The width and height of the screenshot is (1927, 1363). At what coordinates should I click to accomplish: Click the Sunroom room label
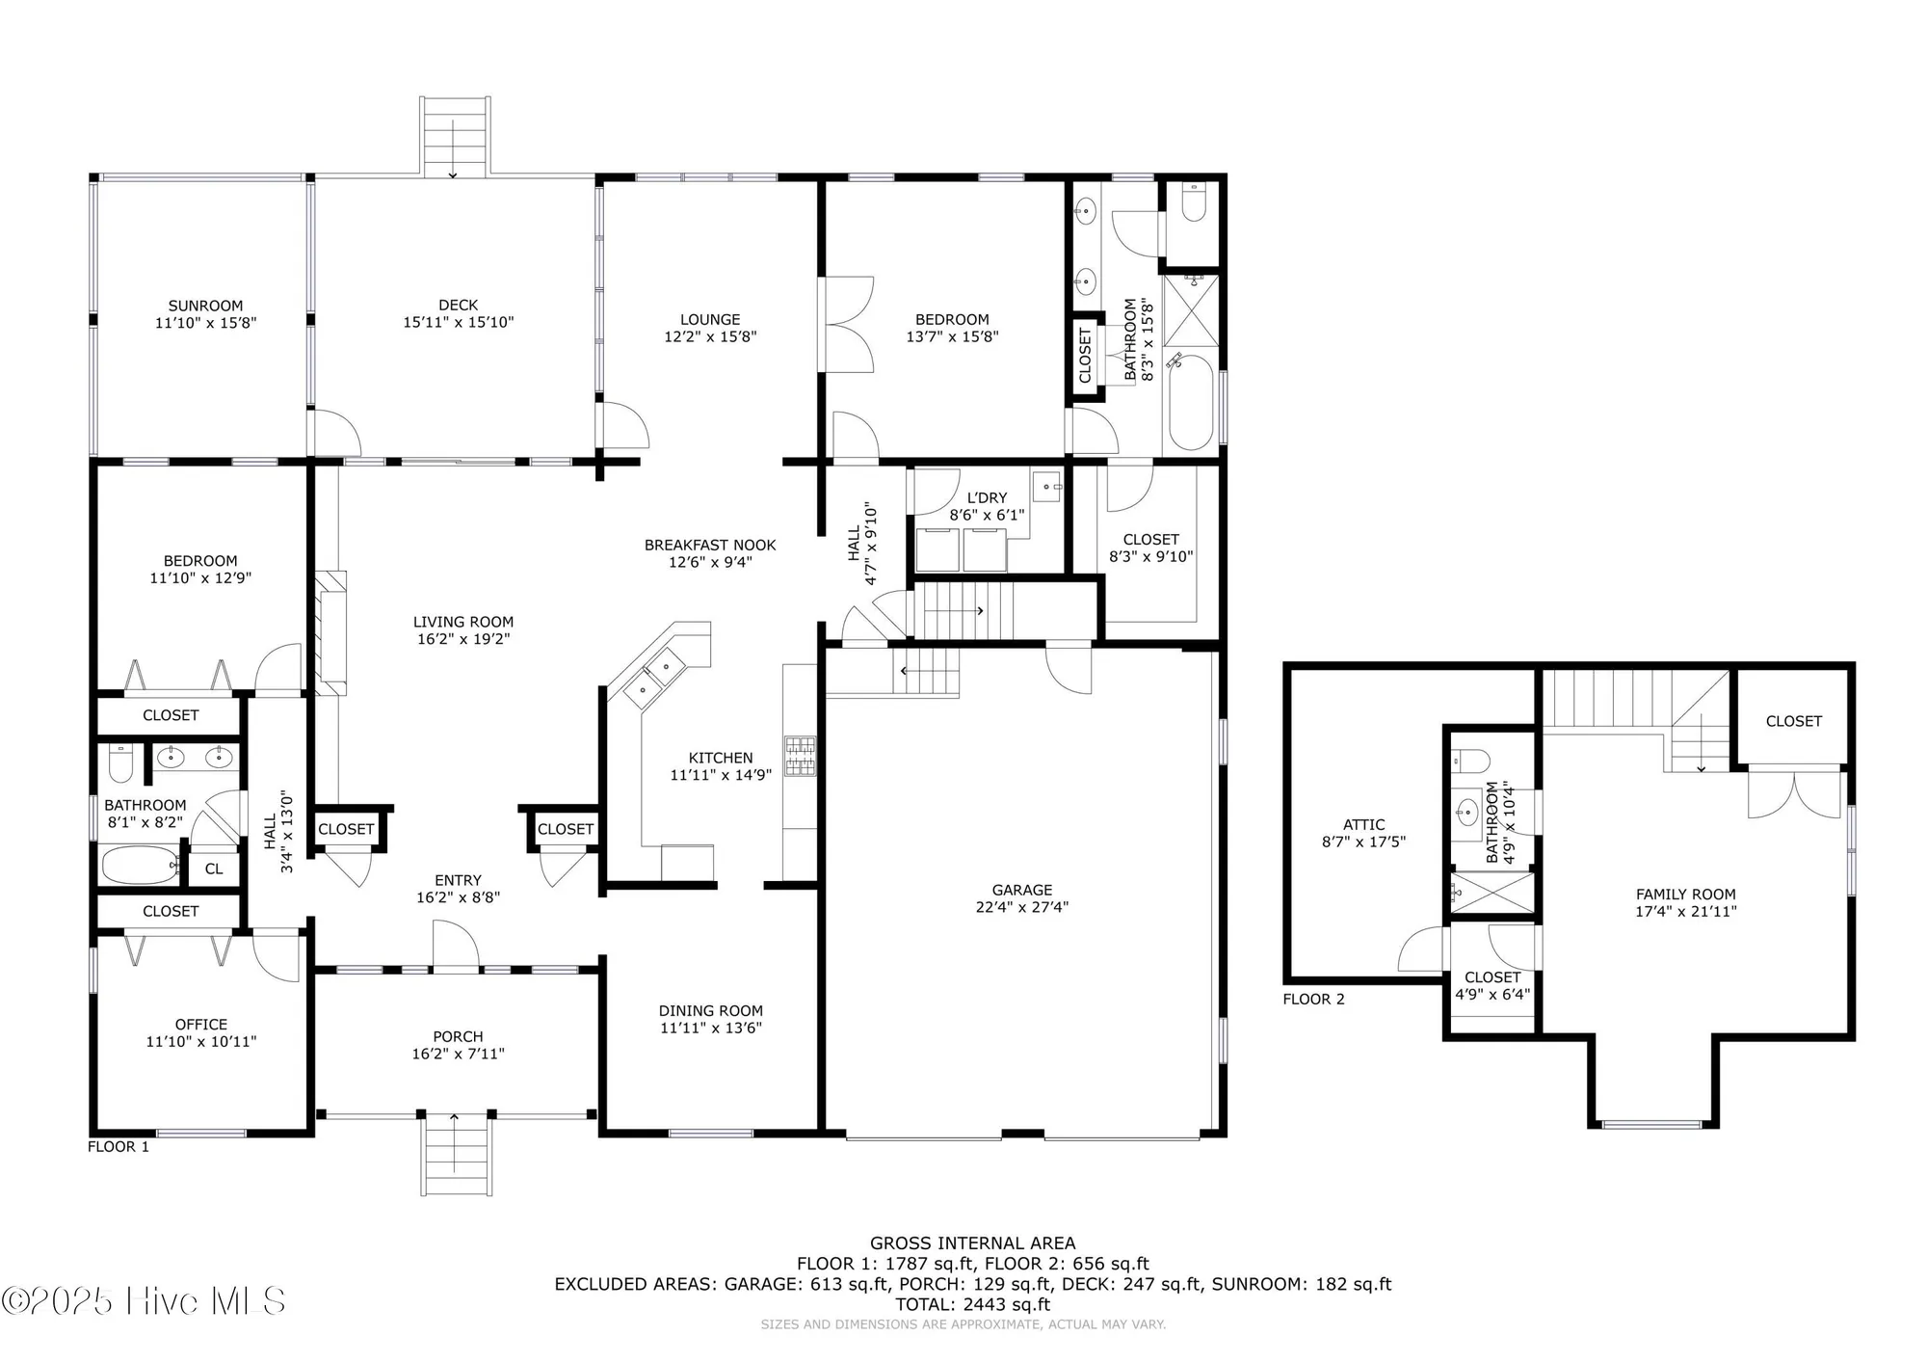pyautogui.click(x=205, y=306)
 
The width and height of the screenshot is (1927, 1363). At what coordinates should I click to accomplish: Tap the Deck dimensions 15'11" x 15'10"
pyautogui.click(x=458, y=322)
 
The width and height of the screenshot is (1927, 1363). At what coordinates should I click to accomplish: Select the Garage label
pyautogui.click(x=1021, y=890)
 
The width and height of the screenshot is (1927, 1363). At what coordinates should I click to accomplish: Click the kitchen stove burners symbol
pyautogui.click(x=800, y=757)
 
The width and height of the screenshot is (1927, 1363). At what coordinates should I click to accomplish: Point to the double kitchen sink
pyautogui.click(x=654, y=678)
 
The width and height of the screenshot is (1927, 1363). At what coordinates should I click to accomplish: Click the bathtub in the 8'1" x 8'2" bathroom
pyautogui.click(x=140, y=865)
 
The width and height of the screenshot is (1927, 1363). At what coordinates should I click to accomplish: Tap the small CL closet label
pyautogui.click(x=214, y=869)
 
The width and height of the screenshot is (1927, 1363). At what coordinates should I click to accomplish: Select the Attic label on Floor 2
pyautogui.click(x=1363, y=824)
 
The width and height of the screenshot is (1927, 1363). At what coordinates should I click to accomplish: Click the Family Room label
pyautogui.click(x=1685, y=894)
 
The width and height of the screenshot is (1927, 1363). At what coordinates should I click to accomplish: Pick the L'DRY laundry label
pyautogui.click(x=987, y=498)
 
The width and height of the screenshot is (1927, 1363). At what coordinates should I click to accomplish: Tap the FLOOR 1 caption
pyautogui.click(x=119, y=1146)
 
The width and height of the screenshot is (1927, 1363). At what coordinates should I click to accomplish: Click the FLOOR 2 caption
pyautogui.click(x=1313, y=999)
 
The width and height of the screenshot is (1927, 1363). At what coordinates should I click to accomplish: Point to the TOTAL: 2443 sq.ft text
pyautogui.click(x=972, y=1304)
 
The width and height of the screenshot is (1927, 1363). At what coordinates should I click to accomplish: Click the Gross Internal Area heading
pyautogui.click(x=972, y=1243)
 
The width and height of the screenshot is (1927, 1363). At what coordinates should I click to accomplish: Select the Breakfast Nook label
pyautogui.click(x=710, y=545)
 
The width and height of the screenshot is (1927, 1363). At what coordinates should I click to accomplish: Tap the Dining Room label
pyautogui.click(x=710, y=1010)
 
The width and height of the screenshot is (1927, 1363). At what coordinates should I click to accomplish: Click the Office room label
pyautogui.click(x=201, y=1024)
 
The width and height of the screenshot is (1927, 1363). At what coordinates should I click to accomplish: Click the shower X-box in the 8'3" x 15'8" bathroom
pyautogui.click(x=1191, y=310)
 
